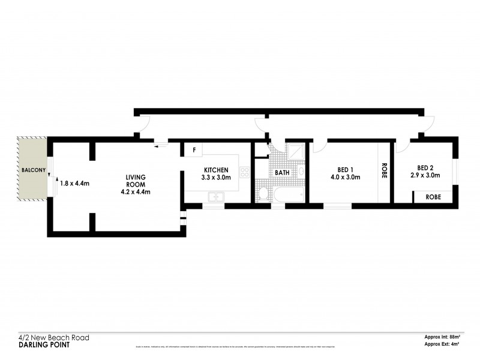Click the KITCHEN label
(215, 170)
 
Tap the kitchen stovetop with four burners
(244, 173)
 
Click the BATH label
(282, 173)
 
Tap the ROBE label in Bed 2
(433, 196)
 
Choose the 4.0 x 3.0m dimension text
(345, 178)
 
